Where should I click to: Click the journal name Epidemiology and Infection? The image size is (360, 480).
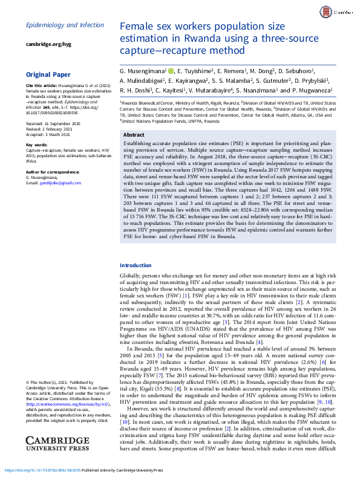(x=65, y=25)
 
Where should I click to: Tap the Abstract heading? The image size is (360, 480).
(x=134, y=135)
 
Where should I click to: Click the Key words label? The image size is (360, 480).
(x=36, y=145)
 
